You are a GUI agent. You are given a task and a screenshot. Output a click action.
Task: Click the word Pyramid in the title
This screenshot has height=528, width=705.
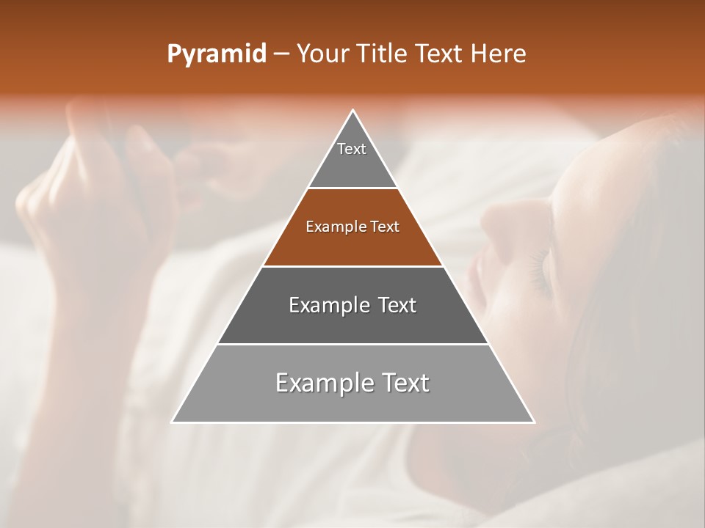[x=216, y=54]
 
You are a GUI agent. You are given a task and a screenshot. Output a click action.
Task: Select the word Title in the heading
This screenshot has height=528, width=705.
[x=385, y=54]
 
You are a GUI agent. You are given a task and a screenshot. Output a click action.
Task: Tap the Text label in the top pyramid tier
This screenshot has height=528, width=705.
[x=352, y=149]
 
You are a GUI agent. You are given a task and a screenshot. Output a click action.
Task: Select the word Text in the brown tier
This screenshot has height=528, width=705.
[x=385, y=227]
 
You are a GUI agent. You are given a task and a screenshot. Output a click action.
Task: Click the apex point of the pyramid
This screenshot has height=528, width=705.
[x=353, y=111]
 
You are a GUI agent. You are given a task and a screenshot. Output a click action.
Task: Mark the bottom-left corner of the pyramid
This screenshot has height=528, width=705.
[x=173, y=422]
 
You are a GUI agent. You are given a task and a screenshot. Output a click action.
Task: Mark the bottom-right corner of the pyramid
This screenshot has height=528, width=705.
[x=534, y=422]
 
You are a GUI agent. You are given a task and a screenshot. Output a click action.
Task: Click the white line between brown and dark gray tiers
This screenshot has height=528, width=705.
[x=353, y=266]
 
